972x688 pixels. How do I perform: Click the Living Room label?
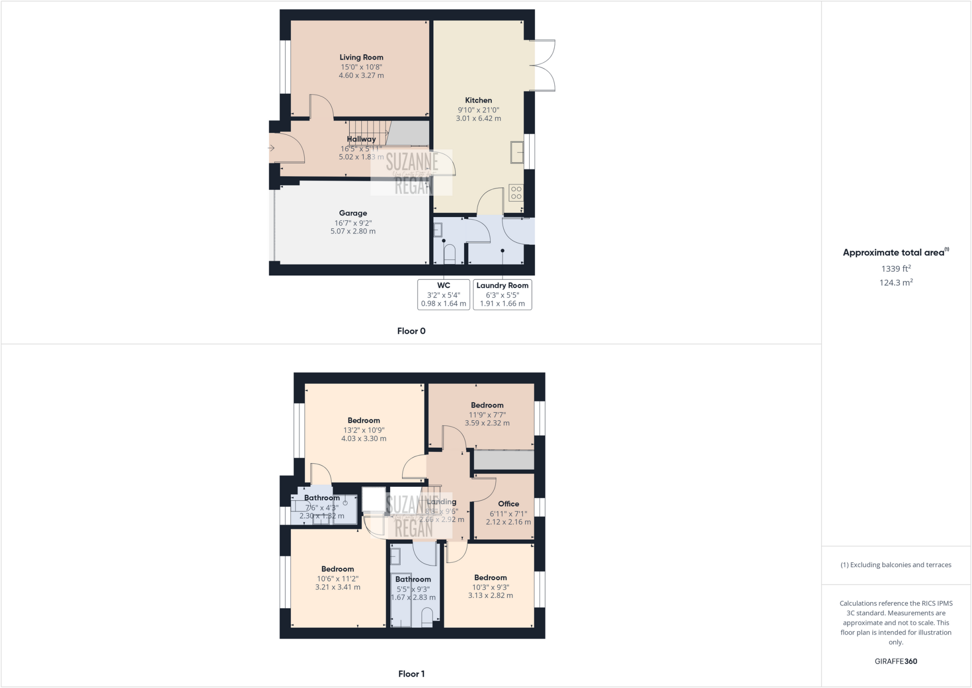point(361,57)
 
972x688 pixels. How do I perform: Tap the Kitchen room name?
point(478,100)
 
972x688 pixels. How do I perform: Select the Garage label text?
point(353,213)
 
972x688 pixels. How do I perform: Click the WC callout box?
point(444,294)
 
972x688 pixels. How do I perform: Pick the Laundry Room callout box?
point(502,294)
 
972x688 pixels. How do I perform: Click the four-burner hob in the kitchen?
point(516,193)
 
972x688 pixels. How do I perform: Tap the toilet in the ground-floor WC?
point(449,254)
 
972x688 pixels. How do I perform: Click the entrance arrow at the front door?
point(271,148)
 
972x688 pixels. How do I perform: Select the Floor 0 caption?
point(411,331)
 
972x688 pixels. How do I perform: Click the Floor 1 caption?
point(411,674)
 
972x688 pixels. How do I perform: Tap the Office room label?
point(508,504)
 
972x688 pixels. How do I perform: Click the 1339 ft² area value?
point(896,269)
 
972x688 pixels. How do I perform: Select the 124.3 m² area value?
point(896,283)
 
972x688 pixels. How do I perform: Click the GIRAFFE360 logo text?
point(896,661)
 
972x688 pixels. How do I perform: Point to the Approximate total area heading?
point(895,253)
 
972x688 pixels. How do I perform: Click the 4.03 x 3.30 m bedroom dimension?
point(364,439)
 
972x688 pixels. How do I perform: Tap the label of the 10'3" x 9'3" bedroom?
point(490,578)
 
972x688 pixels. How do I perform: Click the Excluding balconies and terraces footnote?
point(896,565)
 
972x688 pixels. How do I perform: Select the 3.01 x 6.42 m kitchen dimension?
point(478,119)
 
